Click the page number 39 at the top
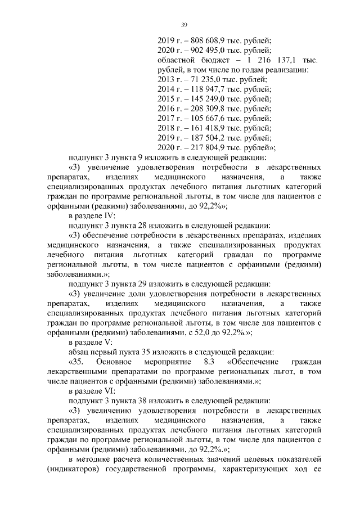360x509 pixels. [183, 25]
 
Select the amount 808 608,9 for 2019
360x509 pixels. [206, 40]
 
